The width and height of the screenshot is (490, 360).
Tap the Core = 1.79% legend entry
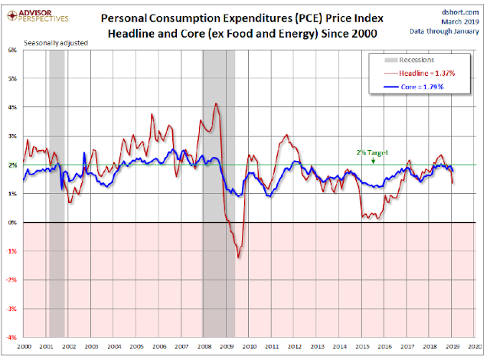point(419,87)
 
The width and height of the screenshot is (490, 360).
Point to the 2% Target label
point(372,152)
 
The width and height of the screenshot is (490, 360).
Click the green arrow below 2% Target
point(372,160)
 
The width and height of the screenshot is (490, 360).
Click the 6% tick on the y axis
point(13,51)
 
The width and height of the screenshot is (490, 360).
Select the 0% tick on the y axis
point(13,223)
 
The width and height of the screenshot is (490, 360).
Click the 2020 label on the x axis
point(475,346)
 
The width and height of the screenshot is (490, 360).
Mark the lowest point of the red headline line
point(238,257)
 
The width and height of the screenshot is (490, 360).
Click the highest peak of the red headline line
point(216,103)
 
